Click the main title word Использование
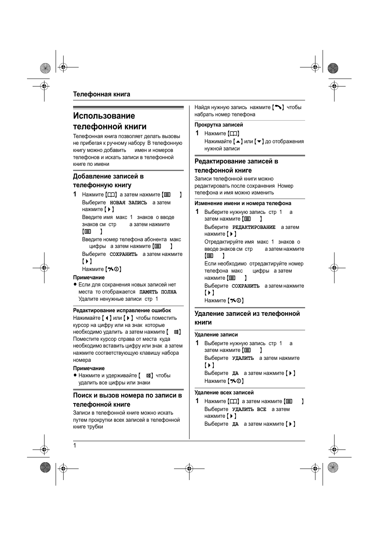click(x=104, y=116)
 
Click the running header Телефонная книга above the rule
click(x=101, y=94)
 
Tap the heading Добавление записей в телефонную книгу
click(x=108, y=181)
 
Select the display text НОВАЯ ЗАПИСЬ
click(x=128, y=203)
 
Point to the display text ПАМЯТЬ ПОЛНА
click(x=158, y=292)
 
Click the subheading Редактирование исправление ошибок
click(x=122, y=311)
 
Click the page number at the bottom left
click(x=75, y=446)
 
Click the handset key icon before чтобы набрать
click(x=278, y=108)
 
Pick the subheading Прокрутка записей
click(x=219, y=125)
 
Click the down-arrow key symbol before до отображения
click(x=259, y=142)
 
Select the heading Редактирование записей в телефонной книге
click(x=236, y=166)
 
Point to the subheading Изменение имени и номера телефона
click(x=243, y=204)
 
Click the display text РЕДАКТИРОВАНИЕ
click(x=253, y=227)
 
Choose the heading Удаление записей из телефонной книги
click(x=247, y=318)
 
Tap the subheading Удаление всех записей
click(x=224, y=393)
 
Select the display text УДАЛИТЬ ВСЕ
click(x=249, y=409)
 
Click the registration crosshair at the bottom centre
click(x=189, y=469)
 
